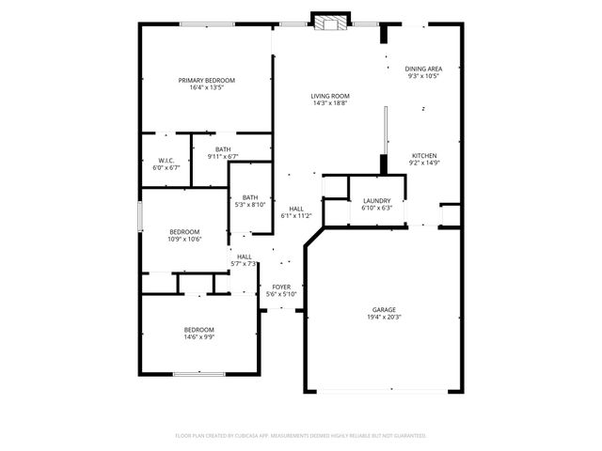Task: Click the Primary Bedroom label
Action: click(x=206, y=81)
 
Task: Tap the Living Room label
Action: click(x=330, y=96)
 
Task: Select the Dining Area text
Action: click(x=423, y=69)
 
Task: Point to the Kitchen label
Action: click(x=424, y=156)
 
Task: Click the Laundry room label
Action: click(x=376, y=201)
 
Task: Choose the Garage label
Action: click(x=383, y=310)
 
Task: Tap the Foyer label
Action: click(x=281, y=287)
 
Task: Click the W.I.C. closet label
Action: click(x=166, y=161)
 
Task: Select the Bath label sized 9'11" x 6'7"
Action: click(x=223, y=149)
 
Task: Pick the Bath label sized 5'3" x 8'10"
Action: click(x=249, y=197)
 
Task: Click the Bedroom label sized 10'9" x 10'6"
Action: click(x=184, y=232)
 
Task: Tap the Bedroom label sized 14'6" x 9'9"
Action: click(x=198, y=329)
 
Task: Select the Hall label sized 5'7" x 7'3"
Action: click(x=244, y=257)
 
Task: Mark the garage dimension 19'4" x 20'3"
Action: click(x=383, y=318)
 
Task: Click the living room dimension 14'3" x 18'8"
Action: click(x=330, y=103)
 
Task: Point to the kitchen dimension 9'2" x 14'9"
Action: click(x=424, y=163)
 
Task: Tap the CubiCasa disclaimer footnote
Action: click(x=301, y=436)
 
